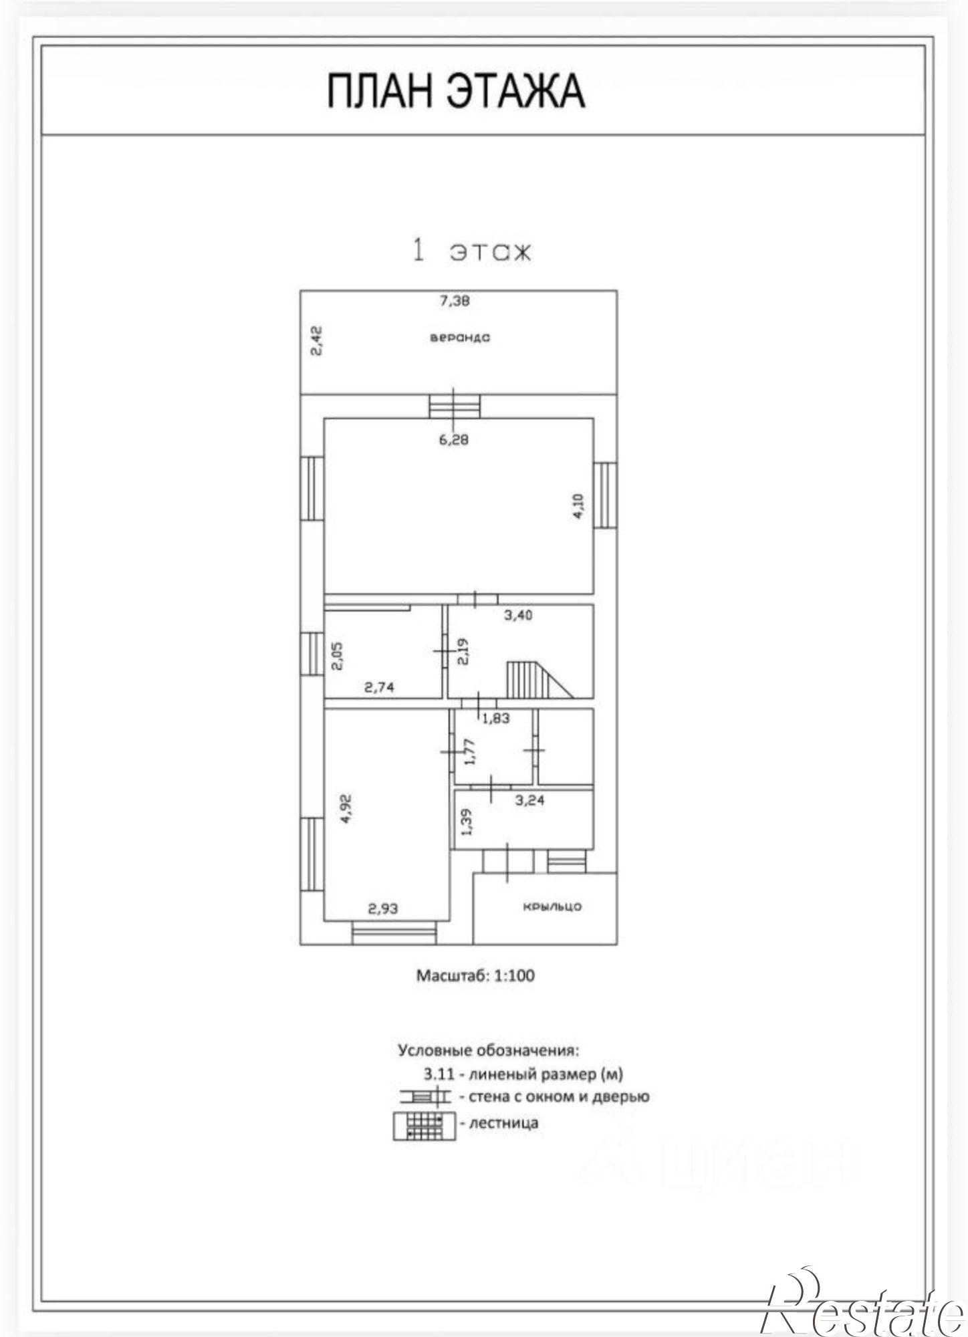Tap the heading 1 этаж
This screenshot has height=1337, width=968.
[x=472, y=251]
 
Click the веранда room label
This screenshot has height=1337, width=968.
[x=460, y=338]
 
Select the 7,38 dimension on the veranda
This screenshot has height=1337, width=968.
[x=455, y=301]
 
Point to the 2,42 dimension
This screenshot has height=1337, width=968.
[x=318, y=340]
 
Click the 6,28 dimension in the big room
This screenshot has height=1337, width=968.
[x=454, y=439]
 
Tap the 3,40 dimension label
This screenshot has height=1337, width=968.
[x=518, y=615]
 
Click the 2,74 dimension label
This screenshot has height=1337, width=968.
[x=379, y=687]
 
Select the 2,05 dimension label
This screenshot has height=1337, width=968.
[x=338, y=656]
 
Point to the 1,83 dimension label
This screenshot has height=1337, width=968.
[x=496, y=719]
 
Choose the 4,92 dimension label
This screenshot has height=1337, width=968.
[x=346, y=808]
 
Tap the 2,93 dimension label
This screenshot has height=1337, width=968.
[x=384, y=908]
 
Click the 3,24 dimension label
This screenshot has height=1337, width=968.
[x=530, y=800]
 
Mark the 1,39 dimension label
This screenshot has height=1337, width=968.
[x=467, y=822]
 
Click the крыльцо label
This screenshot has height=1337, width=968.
[x=552, y=907]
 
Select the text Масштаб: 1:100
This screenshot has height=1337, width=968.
[x=475, y=975]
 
